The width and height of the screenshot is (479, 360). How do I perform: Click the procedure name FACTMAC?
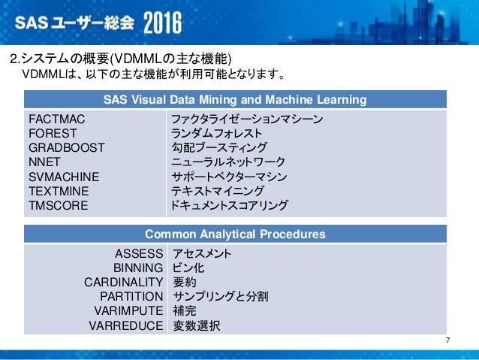click(56, 119)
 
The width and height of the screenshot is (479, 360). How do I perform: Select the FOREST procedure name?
click(53, 134)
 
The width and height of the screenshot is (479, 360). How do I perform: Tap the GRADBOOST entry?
click(67, 148)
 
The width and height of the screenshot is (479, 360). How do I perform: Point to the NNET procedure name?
click(45, 162)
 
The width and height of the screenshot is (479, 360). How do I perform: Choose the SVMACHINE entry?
click(65, 177)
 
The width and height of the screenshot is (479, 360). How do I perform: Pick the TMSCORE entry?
click(58, 205)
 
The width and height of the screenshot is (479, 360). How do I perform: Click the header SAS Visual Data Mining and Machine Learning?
click(235, 100)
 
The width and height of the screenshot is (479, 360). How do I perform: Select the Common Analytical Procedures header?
click(235, 234)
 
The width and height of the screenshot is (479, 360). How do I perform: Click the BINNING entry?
click(138, 268)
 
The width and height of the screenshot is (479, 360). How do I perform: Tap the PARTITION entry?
click(131, 297)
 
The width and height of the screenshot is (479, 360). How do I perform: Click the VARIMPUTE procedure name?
click(128, 311)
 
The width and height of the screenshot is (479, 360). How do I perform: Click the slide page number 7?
click(448, 343)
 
